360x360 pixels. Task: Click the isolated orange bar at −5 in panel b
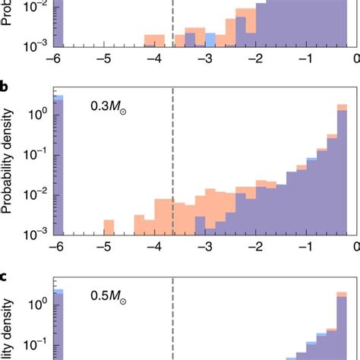pyautogui.click(x=109, y=227)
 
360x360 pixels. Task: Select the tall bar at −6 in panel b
pyautogui.click(x=59, y=167)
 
